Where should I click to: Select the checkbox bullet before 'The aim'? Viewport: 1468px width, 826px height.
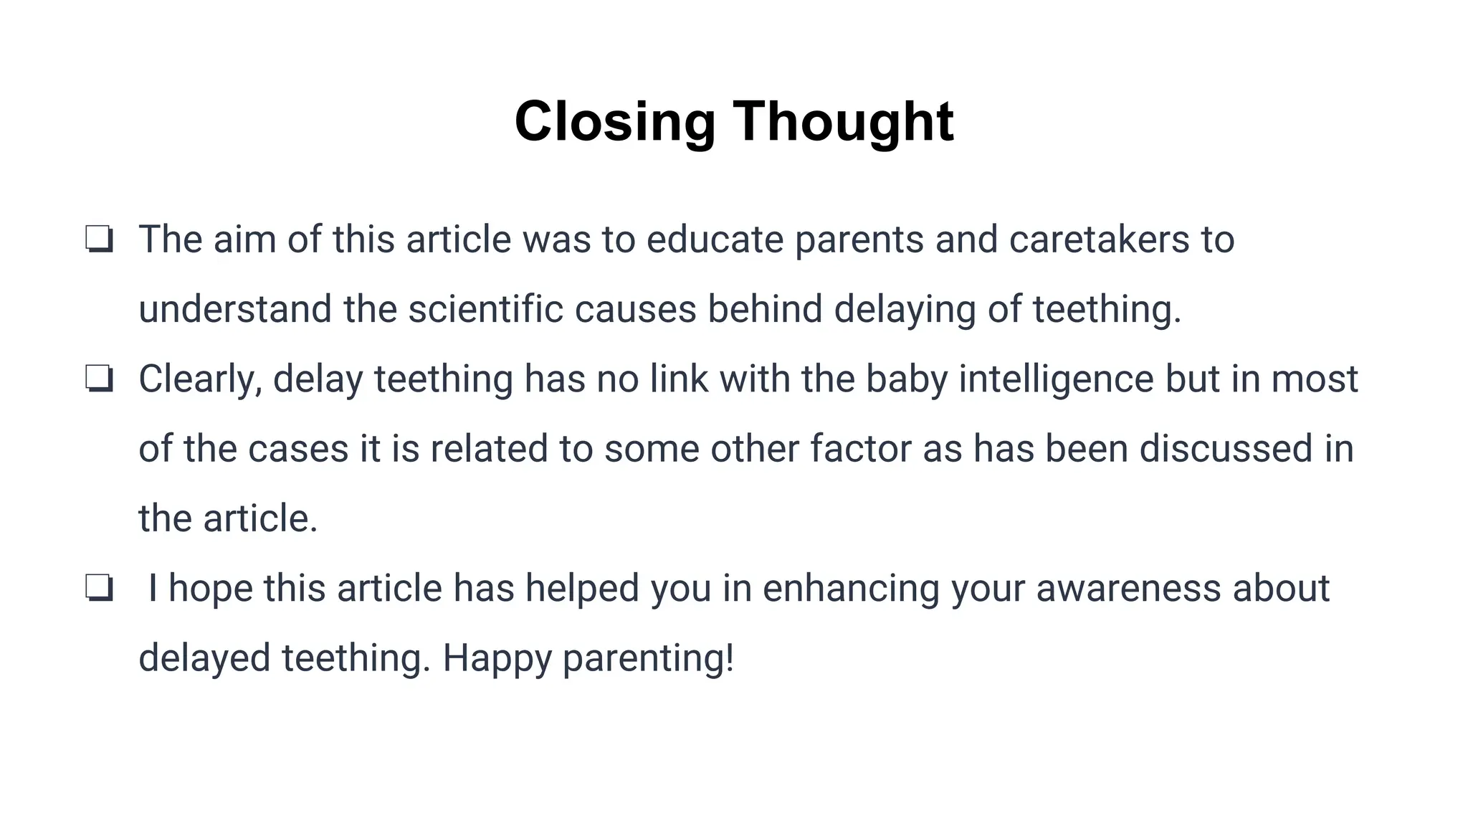click(99, 239)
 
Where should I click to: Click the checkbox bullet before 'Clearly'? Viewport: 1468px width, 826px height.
click(99, 379)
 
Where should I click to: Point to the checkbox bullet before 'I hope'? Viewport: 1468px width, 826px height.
click(99, 589)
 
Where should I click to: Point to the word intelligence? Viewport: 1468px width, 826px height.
click(1056, 379)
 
